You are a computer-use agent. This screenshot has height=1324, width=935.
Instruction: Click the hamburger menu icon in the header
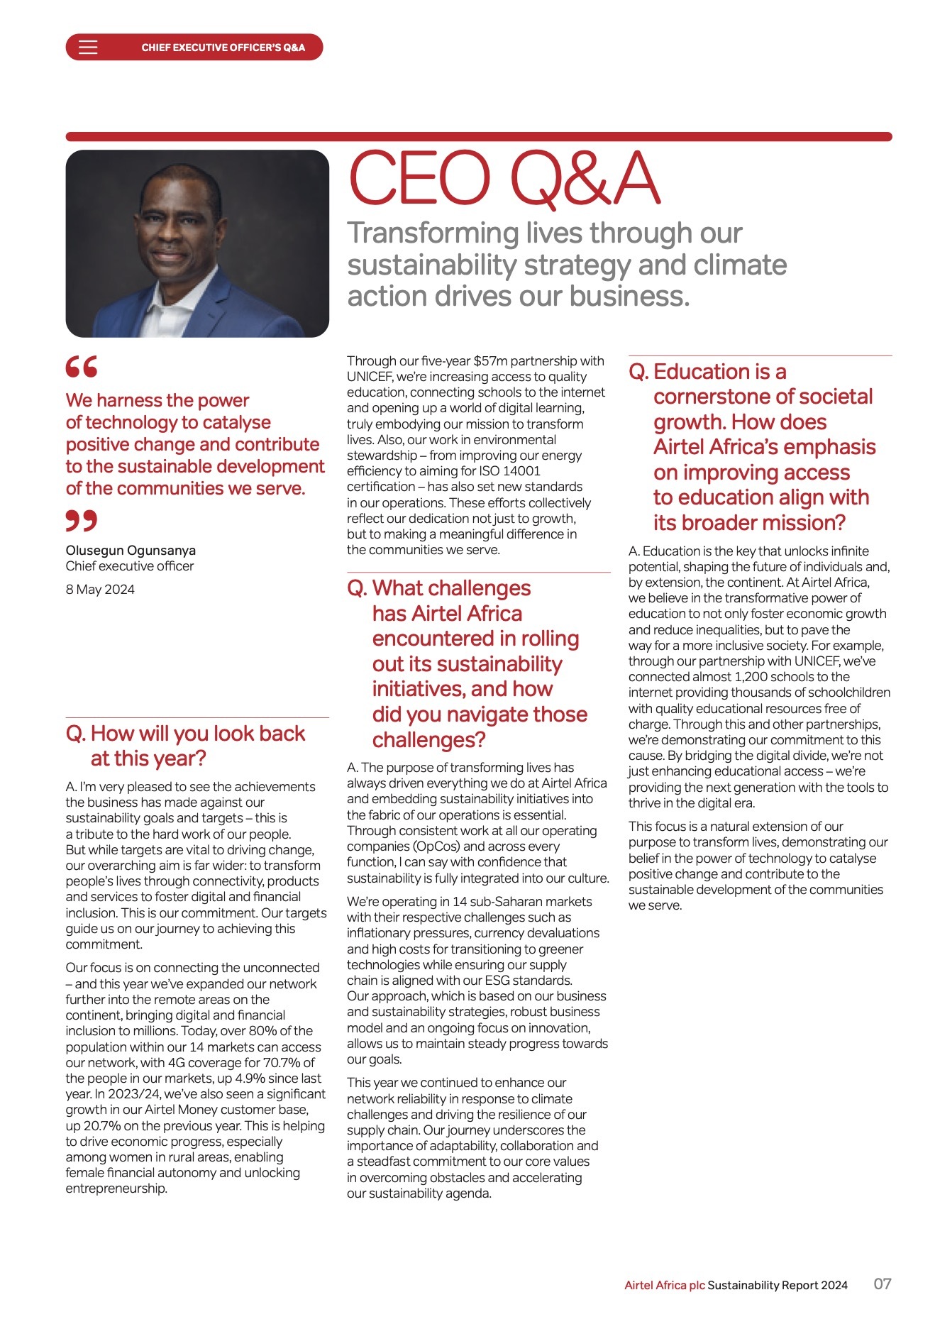click(88, 48)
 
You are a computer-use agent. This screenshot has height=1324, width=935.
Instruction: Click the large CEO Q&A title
click(504, 179)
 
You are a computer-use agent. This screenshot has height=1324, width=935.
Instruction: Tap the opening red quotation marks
click(81, 367)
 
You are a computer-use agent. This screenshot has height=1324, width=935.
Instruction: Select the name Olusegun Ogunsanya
click(131, 550)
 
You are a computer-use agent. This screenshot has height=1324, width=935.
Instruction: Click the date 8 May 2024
click(100, 589)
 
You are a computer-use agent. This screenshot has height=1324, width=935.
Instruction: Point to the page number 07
click(882, 1284)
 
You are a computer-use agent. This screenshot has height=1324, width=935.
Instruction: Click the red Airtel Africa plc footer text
click(664, 1285)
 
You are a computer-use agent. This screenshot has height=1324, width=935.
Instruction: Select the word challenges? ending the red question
click(428, 740)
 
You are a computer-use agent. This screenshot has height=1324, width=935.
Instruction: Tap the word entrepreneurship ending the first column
click(116, 1188)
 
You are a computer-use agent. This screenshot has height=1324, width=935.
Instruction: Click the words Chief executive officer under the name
click(130, 566)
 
